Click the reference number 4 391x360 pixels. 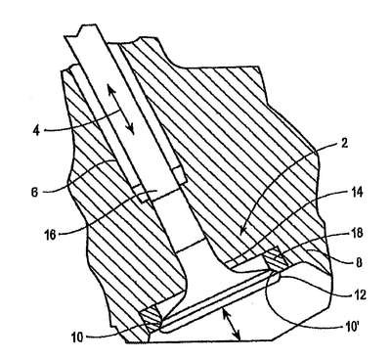pyautogui.click(x=36, y=131)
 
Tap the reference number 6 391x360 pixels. pyautogui.click(x=34, y=192)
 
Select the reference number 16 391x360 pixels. pyautogui.click(x=51, y=235)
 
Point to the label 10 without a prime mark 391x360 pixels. pyautogui.click(x=77, y=337)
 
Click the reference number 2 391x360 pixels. pyautogui.click(x=345, y=143)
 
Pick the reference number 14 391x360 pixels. pyautogui.click(x=357, y=193)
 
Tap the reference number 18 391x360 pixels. pyautogui.click(x=357, y=234)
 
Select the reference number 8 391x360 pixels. pyautogui.click(x=359, y=263)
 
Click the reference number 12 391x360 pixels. pyautogui.click(x=360, y=294)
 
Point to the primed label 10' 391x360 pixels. pyautogui.click(x=350, y=327)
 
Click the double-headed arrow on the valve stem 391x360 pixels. pyautogui.click(x=121, y=110)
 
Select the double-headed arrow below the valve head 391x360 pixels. pyautogui.click(x=231, y=325)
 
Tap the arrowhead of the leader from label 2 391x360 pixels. pyautogui.click(x=240, y=232)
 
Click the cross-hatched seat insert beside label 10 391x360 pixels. pyautogui.click(x=152, y=318)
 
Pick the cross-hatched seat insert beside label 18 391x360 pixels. pyautogui.click(x=276, y=260)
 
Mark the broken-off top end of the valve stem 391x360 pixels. pyautogui.click(x=80, y=31)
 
